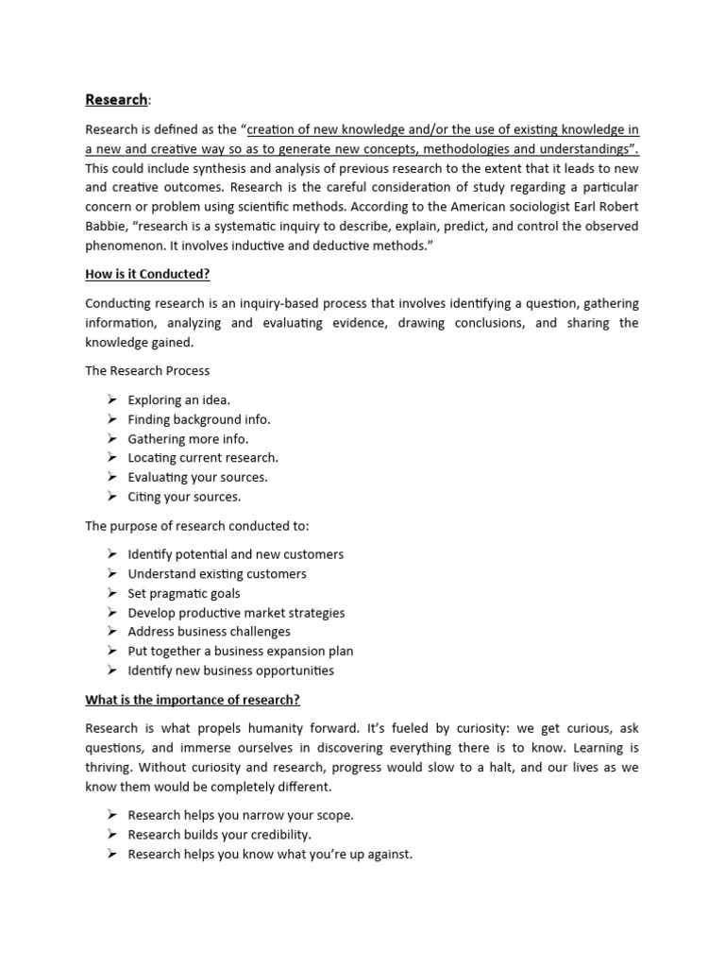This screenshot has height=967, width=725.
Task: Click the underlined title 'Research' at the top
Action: [116, 99]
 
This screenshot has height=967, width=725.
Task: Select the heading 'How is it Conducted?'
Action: [147, 274]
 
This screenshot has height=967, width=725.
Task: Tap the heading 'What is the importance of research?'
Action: [193, 700]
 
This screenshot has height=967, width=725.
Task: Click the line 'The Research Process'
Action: [147, 371]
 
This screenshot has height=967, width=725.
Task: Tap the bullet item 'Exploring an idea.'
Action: [178, 399]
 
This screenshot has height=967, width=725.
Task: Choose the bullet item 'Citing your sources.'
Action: [184, 497]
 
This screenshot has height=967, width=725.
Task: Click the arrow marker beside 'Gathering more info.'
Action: [111, 438]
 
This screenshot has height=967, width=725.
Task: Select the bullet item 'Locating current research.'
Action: [203, 458]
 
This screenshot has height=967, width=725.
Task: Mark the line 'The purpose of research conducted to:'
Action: [196, 525]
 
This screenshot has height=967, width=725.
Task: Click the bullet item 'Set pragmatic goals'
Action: [184, 593]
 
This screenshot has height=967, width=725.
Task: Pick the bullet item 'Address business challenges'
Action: [209, 632]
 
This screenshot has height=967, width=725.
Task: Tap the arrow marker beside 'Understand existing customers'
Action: [111, 573]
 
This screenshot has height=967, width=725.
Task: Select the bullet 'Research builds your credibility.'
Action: [219, 835]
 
